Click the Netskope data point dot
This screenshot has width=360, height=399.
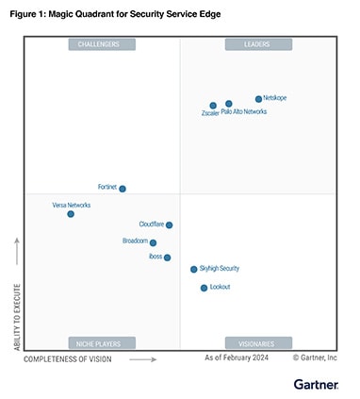(258, 98)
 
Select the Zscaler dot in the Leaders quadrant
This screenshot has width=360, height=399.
(213, 106)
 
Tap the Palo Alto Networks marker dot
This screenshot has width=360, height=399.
(229, 104)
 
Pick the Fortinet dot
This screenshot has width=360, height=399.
(123, 189)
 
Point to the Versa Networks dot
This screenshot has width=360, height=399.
(71, 214)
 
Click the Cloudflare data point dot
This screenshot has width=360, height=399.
(169, 224)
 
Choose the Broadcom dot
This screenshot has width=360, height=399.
(153, 242)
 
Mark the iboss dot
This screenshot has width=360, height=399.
(167, 257)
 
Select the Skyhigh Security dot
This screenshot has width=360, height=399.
(194, 269)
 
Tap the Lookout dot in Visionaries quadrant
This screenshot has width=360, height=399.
(204, 288)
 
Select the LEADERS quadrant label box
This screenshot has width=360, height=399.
(258, 44)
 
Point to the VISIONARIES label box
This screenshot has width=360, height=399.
(258, 342)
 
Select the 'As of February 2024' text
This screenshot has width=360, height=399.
(237, 358)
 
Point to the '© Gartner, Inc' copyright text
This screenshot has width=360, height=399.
(315, 358)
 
